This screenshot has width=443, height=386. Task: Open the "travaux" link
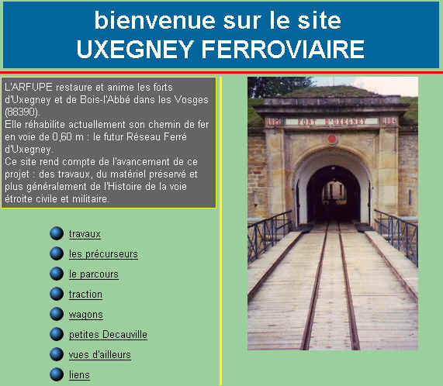tap(85, 234)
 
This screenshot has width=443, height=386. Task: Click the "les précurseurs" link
tap(103, 254)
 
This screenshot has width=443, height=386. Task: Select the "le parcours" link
tap(94, 274)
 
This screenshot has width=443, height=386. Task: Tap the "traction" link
tap(85, 295)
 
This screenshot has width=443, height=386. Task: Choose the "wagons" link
tap(86, 315)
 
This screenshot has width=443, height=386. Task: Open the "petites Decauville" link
tap(108, 335)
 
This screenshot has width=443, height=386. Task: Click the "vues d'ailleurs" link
tap(100, 355)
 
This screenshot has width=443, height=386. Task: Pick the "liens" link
tap(79, 375)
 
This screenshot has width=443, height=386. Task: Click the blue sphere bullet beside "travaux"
tap(57, 233)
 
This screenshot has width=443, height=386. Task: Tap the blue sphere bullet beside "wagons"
tap(57, 314)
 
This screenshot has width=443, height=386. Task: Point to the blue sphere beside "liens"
tap(57, 374)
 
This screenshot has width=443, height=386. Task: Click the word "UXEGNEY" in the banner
tap(135, 49)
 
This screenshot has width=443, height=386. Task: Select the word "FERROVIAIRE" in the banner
tap(283, 49)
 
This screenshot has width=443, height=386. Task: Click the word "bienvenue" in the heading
tap(155, 20)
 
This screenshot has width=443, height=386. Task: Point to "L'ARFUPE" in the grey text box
tap(29, 87)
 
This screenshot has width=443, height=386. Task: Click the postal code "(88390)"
tap(22, 112)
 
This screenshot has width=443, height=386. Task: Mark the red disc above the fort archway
tap(332, 139)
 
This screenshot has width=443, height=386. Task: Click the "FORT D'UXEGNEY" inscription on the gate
tap(332, 122)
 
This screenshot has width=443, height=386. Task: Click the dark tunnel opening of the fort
tap(334, 195)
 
